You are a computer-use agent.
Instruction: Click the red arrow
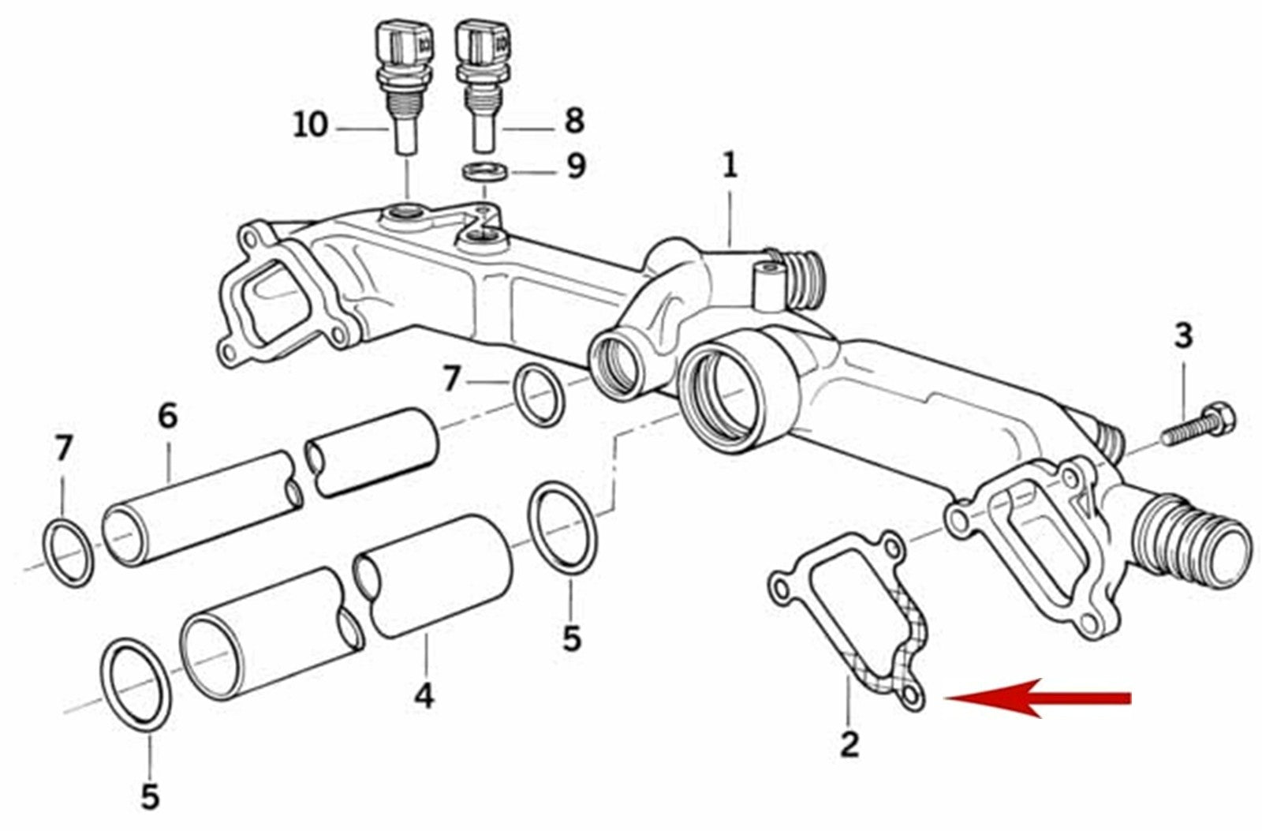(x=1041, y=698)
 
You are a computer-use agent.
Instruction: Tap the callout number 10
(x=310, y=125)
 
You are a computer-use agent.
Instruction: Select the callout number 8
(x=573, y=121)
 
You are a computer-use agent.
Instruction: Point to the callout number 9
(x=577, y=167)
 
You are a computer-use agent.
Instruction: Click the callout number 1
(x=730, y=165)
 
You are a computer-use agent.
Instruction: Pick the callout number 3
(x=1183, y=337)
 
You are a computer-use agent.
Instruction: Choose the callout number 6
(x=168, y=415)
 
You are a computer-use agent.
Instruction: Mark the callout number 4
(x=424, y=696)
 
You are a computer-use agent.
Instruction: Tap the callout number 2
(x=849, y=744)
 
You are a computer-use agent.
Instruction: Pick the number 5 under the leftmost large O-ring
(x=150, y=796)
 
